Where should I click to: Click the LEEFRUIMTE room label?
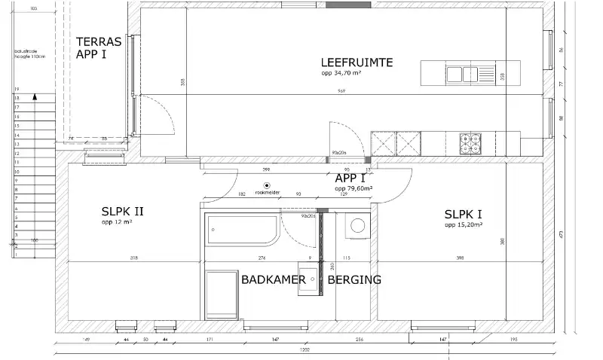pyautogui.click(x=357, y=63)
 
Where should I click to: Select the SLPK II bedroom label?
pyautogui.click(x=122, y=212)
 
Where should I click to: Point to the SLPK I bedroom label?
pyautogui.click(x=464, y=214)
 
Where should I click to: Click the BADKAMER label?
pyautogui.click(x=273, y=279)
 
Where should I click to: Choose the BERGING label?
pyautogui.click(x=354, y=279)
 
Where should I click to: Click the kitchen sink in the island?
pyautogui.click(x=461, y=74)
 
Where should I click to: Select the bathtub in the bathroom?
pyautogui.click(x=242, y=230)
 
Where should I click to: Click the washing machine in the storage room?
pyautogui.click(x=357, y=225)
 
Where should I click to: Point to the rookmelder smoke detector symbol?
pyautogui.click(x=266, y=185)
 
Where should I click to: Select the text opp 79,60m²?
pyautogui.click(x=354, y=189)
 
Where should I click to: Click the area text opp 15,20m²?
pyautogui.click(x=464, y=224)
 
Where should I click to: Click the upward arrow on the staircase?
pyautogui.click(x=34, y=97)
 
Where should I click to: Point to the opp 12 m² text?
pyautogui.click(x=118, y=223)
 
